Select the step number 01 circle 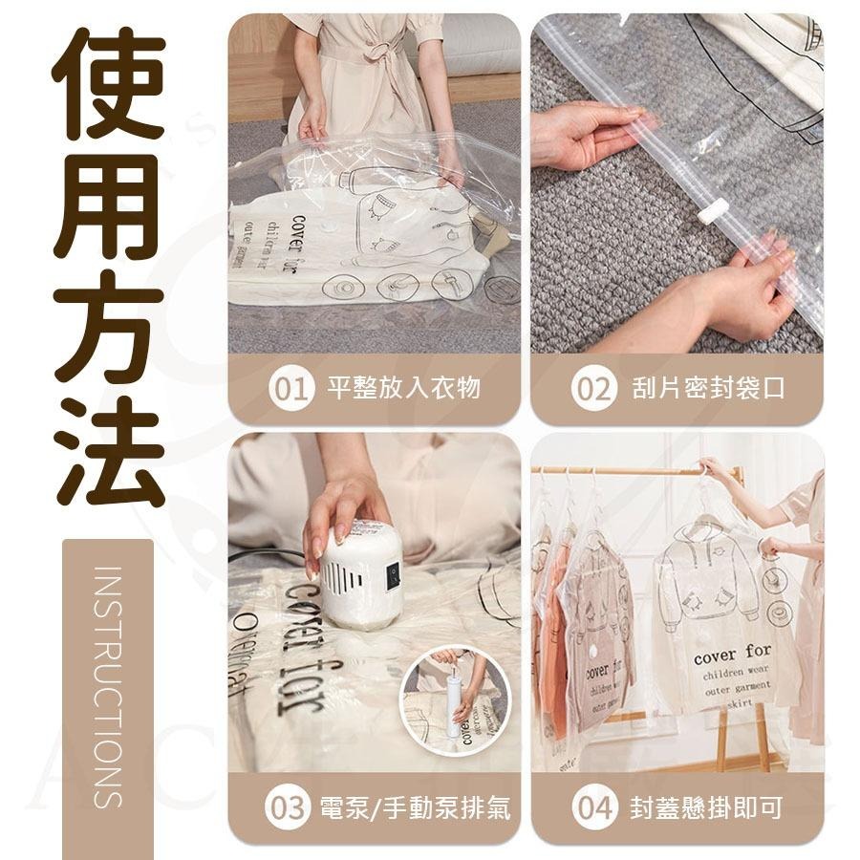click(x=291, y=388)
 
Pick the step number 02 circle click(x=594, y=388)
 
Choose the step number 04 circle click(x=594, y=808)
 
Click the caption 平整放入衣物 click(x=403, y=388)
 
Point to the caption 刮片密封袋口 click(x=708, y=388)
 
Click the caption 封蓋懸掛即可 click(x=706, y=808)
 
